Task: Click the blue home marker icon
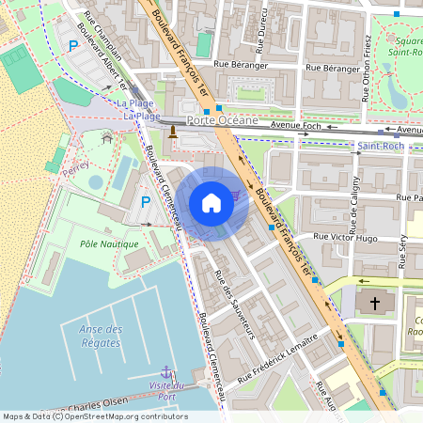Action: [x=211, y=202]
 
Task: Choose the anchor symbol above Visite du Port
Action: [x=166, y=372]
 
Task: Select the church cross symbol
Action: [x=375, y=304]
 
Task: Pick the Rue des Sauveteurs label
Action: [x=236, y=304]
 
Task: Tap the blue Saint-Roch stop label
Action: [x=382, y=147]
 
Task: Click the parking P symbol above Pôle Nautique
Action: [x=146, y=201]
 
